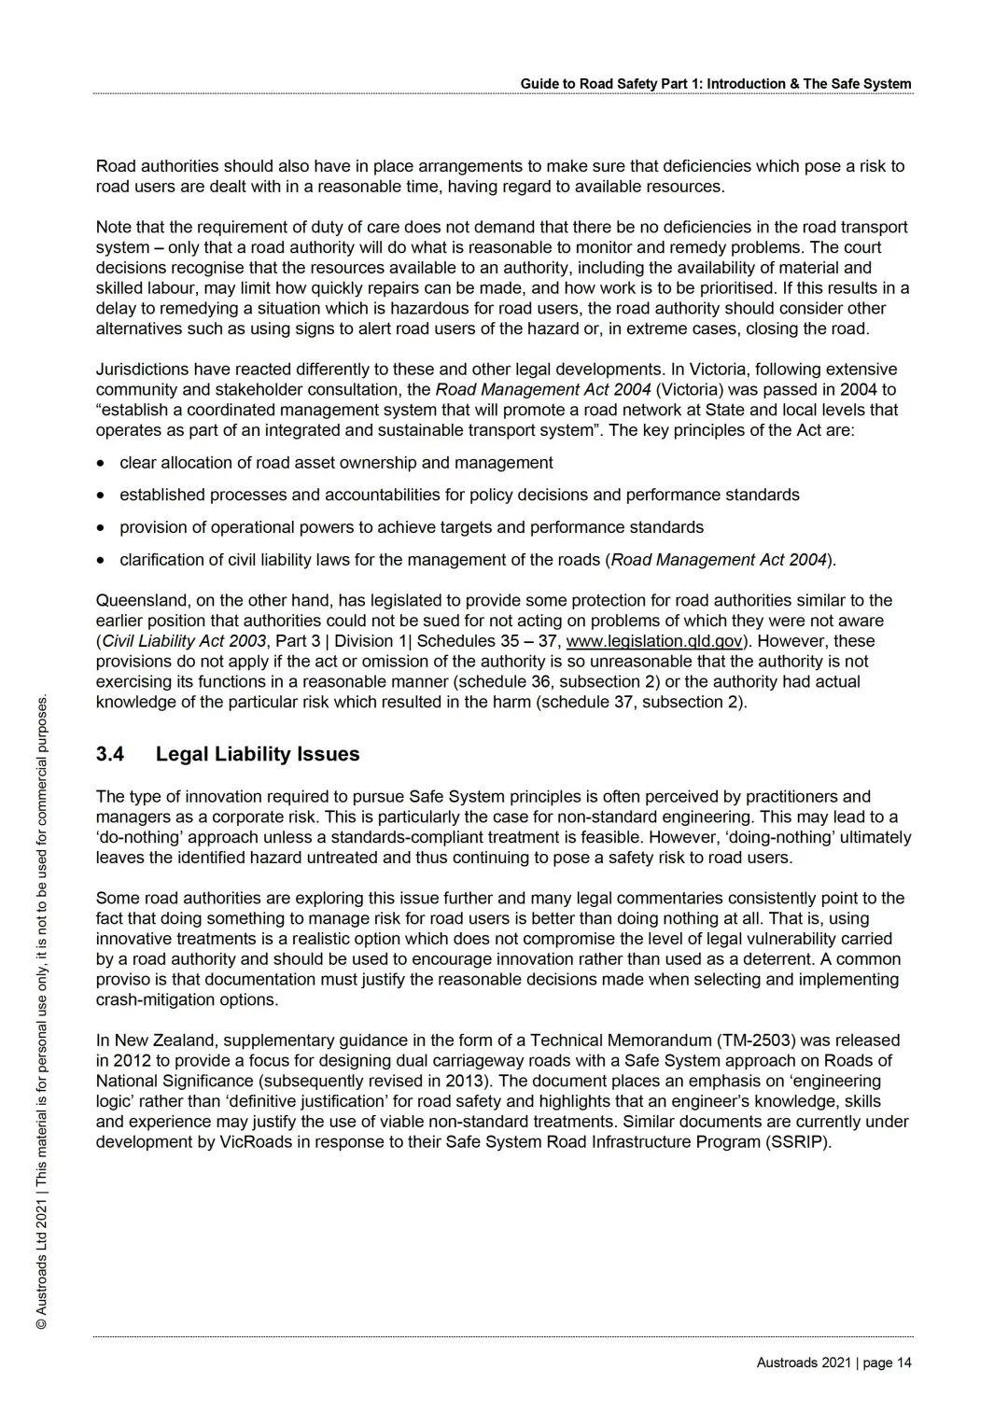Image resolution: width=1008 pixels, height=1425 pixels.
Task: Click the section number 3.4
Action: click(x=110, y=754)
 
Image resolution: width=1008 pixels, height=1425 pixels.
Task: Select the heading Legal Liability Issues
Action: click(x=258, y=754)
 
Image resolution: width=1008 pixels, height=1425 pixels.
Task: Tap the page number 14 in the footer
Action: click(x=903, y=1362)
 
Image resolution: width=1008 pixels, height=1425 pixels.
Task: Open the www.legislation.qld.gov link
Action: click(x=655, y=641)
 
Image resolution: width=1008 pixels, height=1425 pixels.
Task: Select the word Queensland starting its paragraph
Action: click(x=140, y=600)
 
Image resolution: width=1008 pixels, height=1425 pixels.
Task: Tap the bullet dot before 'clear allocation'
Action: click(x=101, y=464)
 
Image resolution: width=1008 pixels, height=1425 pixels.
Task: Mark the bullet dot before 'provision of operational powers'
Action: click(x=101, y=528)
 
